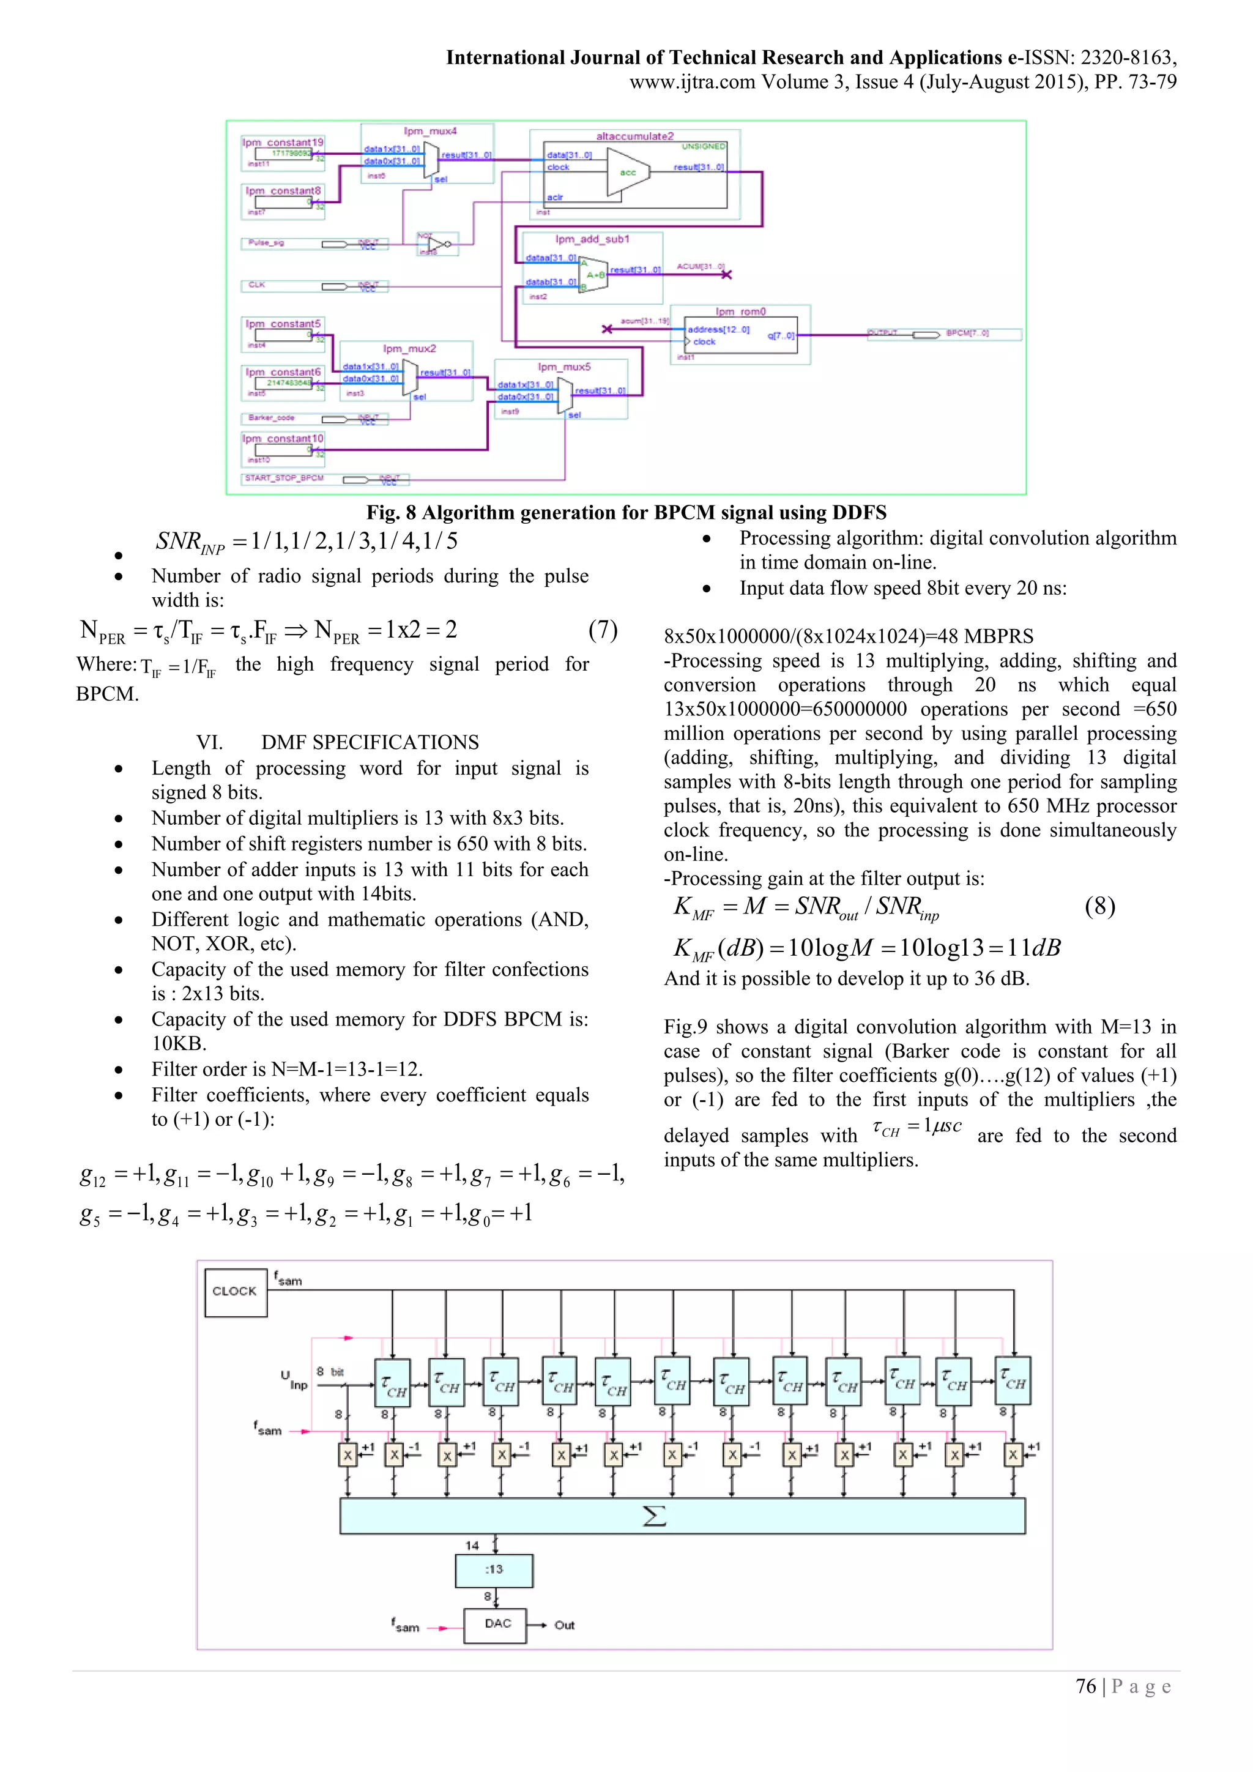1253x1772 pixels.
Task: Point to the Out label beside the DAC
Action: [x=564, y=1625]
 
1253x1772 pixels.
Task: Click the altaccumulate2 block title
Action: [x=634, y=136]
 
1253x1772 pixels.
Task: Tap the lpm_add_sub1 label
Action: [x=592, y=239]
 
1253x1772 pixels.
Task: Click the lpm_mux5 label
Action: [x=564, y=367]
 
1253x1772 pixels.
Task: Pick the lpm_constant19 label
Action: [x=283, y=142]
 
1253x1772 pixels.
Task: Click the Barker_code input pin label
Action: [x=272, y=417]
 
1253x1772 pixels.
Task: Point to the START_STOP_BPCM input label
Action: [x=284, y=478]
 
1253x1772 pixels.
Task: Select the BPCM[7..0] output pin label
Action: [x=967, y=333]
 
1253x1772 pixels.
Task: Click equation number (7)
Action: [x=603, y=630]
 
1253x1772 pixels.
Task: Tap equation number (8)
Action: [x=1099, y=906]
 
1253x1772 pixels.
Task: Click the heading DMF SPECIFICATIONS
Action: [x=370, y=742]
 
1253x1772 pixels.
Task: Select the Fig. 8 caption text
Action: [x=626, y=513]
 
